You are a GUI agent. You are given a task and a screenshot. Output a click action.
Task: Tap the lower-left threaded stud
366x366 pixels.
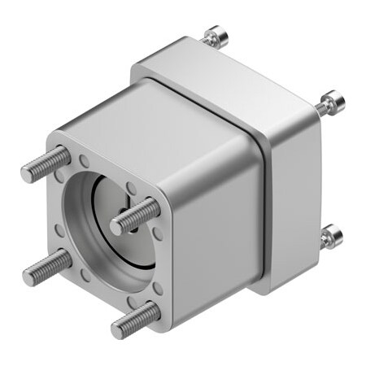pyautogui.click(x=49, y=268)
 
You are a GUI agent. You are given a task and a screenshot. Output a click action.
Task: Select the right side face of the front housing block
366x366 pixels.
pyautogui.click(x=216, y=236)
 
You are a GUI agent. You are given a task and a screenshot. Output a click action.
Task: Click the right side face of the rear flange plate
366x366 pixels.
pyautogui.click(x=293, y=203)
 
